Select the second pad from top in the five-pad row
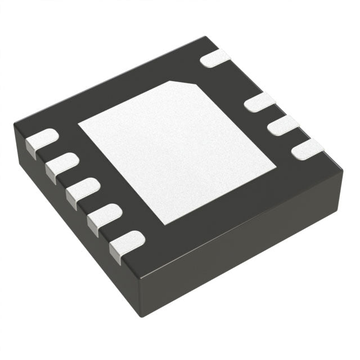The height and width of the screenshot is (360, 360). click(x=61, y=165)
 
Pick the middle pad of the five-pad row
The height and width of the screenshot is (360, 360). click(x=82, y=191)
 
